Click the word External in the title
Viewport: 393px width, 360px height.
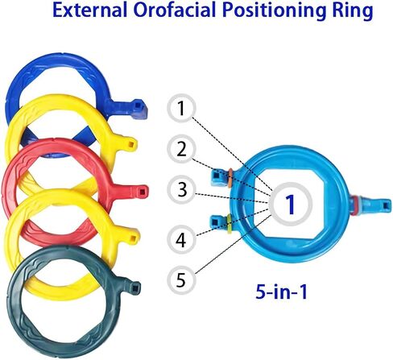tap(89, 10)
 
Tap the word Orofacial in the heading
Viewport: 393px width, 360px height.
tap(175, 10)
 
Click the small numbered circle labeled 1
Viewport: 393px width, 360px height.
tap(182, 108)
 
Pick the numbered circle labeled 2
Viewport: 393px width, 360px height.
tap(182, 149)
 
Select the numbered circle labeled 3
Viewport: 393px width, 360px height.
tap(182, 189)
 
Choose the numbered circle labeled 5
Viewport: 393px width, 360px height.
tap(181, 280)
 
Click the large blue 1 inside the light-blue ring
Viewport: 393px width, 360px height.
tap(290, 205)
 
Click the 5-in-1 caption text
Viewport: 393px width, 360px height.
tap(281, 292)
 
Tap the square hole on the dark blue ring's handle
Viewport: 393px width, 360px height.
tap(138, 104)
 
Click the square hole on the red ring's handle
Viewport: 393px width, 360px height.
tap(141, 191)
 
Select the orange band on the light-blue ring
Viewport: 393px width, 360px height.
tap(230, 178)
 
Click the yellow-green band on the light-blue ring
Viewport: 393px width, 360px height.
tap(230, 224)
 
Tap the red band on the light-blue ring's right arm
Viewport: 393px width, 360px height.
tap(354, 205)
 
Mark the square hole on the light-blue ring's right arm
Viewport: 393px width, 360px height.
tap(386, 205)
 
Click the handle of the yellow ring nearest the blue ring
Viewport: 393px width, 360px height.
tap(126, 143)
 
